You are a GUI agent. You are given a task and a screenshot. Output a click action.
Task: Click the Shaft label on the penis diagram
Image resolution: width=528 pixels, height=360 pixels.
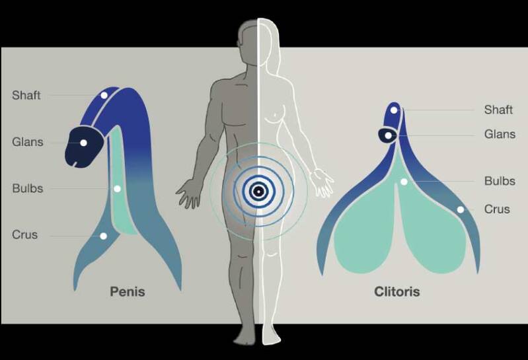[26, 95]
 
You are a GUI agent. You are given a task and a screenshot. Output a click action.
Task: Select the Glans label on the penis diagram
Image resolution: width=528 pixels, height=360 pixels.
[27, 142]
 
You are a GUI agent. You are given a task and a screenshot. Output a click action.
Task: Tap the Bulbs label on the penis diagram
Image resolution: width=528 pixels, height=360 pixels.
[27, 188]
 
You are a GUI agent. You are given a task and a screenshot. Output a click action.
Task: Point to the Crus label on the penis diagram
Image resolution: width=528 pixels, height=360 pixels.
[25, 234]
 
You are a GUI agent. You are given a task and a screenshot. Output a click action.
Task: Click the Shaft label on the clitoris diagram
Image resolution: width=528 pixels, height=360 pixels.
[498, 110]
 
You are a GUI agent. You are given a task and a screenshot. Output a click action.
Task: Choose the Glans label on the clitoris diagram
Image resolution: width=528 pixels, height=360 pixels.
[499, 134]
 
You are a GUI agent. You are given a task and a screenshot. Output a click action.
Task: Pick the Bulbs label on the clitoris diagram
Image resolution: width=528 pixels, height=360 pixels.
[499, 181]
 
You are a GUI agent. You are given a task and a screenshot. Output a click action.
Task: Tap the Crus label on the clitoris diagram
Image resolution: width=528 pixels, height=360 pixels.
[497, 209]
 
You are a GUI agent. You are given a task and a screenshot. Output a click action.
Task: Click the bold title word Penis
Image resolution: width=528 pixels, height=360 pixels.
[127, 291]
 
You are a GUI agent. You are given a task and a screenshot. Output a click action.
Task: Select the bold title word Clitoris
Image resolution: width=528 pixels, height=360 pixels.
[396, 291]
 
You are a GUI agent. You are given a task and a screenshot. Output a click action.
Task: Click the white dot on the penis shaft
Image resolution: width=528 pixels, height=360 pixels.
[104, 96]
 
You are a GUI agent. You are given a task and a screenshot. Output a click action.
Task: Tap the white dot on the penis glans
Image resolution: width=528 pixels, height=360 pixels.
[84, 142]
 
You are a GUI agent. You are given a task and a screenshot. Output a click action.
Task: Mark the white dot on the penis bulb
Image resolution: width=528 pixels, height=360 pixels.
[117, 188]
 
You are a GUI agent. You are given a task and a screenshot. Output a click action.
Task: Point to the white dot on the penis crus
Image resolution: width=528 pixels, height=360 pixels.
[103, 235]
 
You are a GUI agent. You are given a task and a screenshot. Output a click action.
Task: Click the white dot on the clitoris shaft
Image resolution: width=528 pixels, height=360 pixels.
[394, 110]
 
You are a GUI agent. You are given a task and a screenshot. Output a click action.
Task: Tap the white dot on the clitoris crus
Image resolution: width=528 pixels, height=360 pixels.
[460, 209]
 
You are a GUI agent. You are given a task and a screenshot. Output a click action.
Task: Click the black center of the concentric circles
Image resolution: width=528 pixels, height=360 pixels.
[259, 192]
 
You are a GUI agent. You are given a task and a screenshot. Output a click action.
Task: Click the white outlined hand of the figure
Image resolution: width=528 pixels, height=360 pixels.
[324, 183]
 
